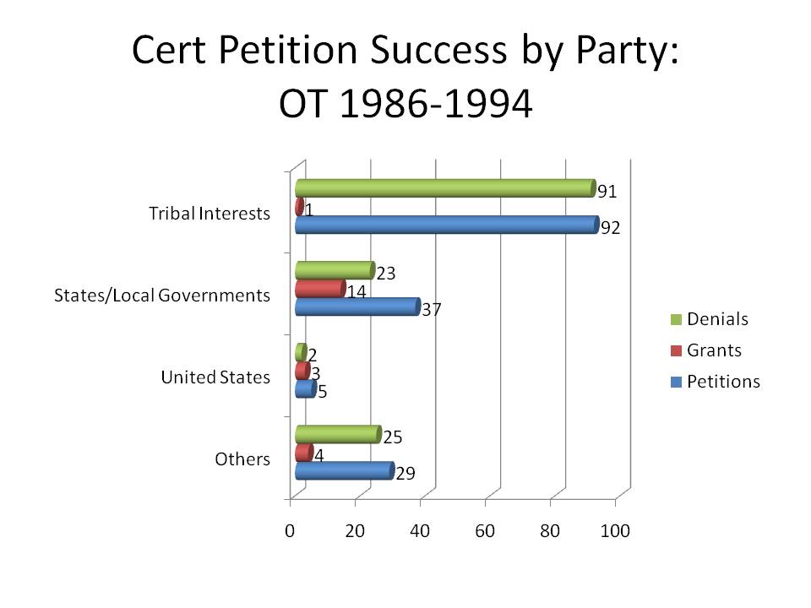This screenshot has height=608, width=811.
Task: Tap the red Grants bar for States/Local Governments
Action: (x=319, y=289)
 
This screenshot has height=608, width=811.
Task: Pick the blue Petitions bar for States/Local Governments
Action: (x=357, y=307)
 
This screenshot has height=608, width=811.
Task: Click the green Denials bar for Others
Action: (x=337, y=435)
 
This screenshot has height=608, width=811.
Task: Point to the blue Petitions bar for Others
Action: (x=344, y=470)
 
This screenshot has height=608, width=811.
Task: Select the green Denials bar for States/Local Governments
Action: (x=334, y=270)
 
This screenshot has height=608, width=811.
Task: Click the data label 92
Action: (x=610, y=228)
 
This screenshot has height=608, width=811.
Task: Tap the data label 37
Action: (x=433, y=309)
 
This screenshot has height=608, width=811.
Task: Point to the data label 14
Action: (x=357, y=291)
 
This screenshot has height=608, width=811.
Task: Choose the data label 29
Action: (x=405, y=474)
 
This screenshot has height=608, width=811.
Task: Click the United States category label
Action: (x=215, y=377)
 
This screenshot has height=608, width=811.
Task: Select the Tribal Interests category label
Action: (x=210, y=213)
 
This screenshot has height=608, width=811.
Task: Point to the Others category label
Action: (x=242, y=459)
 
